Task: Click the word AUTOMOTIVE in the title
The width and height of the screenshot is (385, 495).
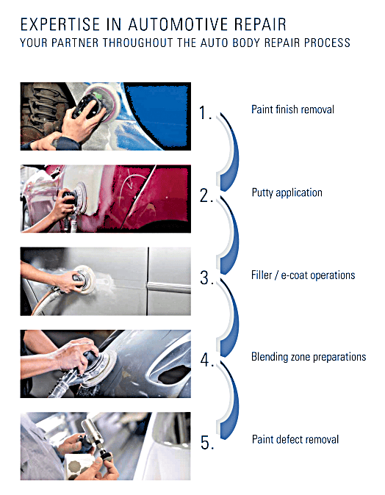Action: [178, 25]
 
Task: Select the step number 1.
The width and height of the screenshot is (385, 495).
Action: [205, 112]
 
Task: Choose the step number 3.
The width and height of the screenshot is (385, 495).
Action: [206, 278]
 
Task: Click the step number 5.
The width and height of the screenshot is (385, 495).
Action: [207, 442]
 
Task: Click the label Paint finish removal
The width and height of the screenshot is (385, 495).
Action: [292, 109]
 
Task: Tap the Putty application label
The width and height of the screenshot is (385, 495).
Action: [287, 192]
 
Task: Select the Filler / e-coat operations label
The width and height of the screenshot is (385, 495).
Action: [303, 275]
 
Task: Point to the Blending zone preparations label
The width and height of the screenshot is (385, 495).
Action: [309, 357]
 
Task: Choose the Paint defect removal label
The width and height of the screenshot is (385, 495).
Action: [295, 439]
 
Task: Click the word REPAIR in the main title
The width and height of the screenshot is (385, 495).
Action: [261, 25]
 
